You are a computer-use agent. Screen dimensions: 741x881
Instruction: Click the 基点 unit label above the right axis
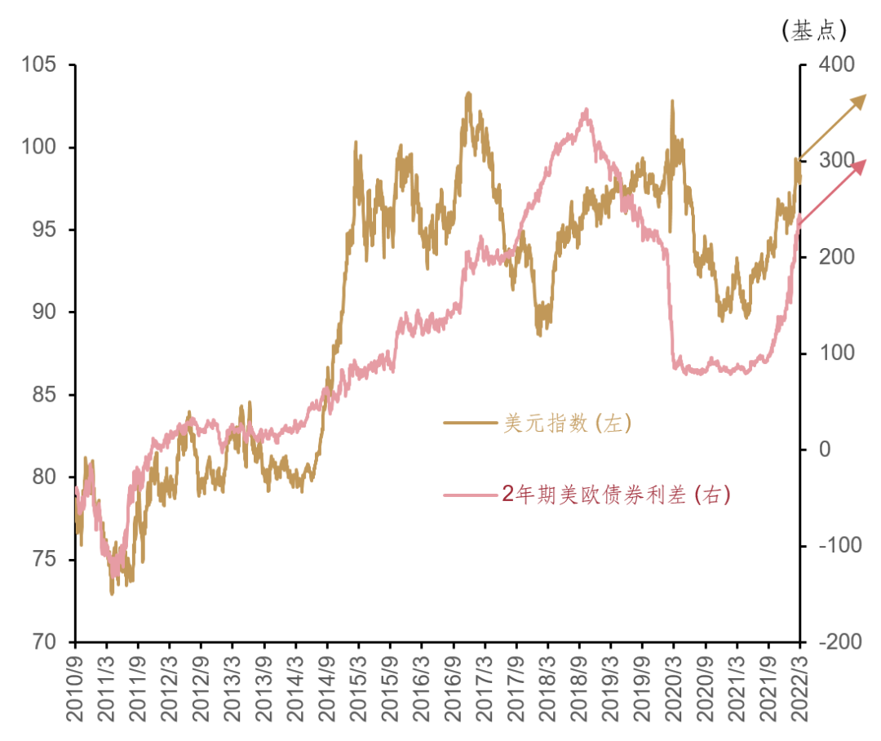pos(814,31)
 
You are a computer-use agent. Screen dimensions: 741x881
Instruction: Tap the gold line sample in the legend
pos(470,423)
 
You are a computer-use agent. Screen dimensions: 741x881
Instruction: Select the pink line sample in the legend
pos(470,494)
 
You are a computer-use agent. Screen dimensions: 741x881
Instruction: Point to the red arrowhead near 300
pos(860,164)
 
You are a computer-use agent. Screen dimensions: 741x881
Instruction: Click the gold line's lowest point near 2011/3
pos(112,593)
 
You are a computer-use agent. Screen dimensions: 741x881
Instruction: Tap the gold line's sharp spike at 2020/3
pos(672,100)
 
